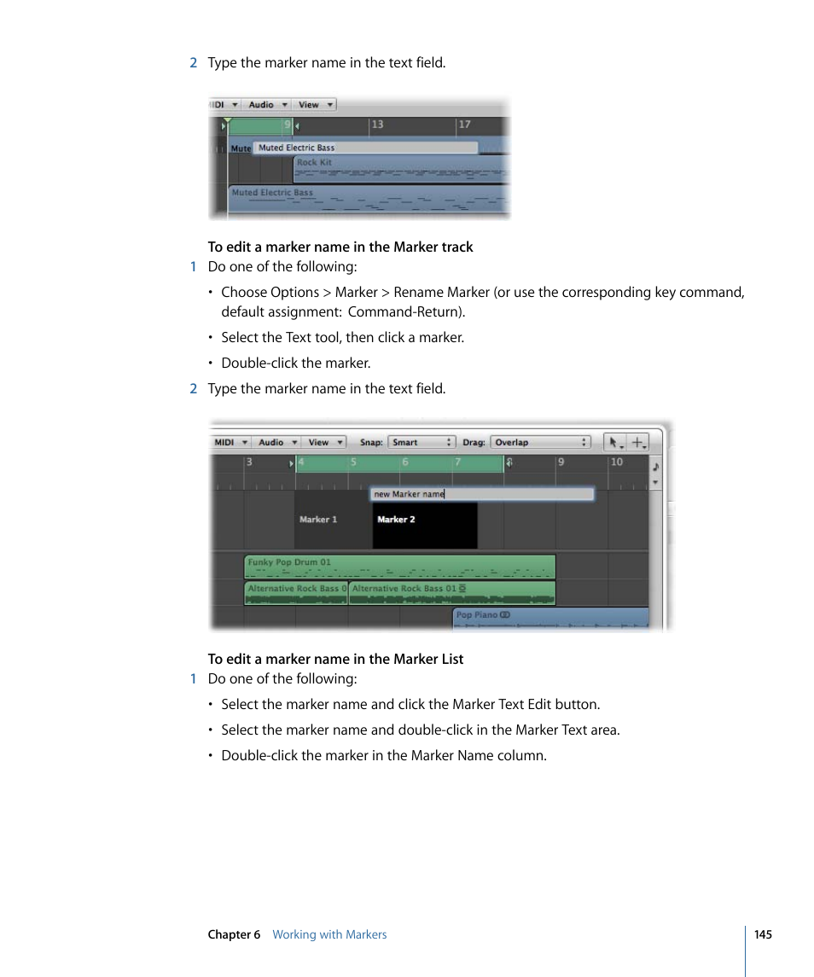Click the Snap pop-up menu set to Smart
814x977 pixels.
coord(422,442)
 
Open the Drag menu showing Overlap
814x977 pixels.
coord(540,442)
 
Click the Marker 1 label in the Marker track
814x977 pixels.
coord(318,520)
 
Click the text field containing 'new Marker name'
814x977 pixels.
coord(481,494)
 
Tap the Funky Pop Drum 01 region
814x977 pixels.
coord(399,567)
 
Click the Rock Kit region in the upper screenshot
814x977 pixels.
coord(401,169)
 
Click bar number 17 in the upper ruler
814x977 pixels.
coord(464,125)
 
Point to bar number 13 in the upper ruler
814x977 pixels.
coord(377,125)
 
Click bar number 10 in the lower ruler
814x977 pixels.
coord(616,462)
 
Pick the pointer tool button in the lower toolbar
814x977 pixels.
coord(614,442)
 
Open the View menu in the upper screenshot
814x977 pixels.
coord(315,105)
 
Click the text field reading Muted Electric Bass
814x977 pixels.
coord(366,148)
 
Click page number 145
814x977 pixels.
coord(763,934)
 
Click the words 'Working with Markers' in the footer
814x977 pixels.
coord(329,934)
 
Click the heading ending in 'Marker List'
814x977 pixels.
coord(335,659)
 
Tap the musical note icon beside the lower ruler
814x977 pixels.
coord(655,466)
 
